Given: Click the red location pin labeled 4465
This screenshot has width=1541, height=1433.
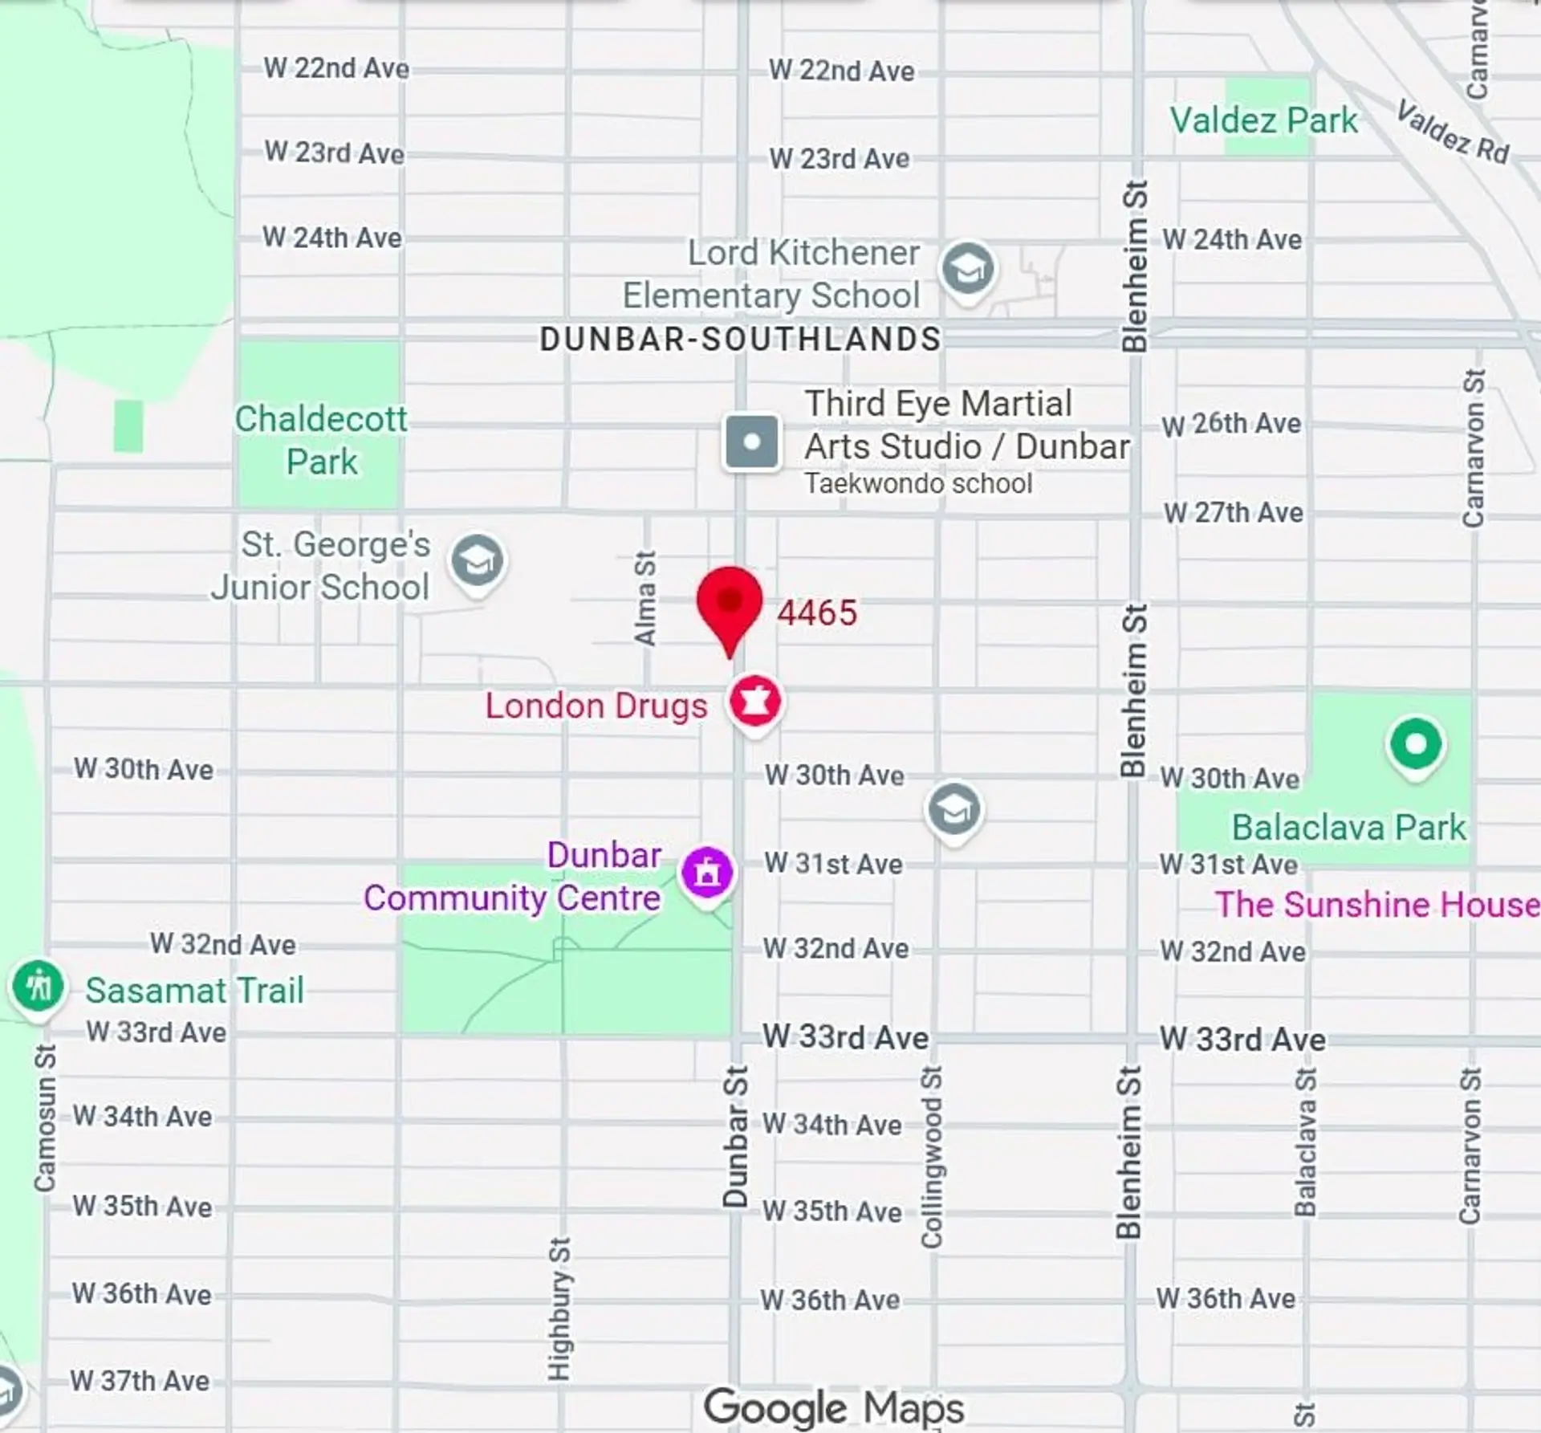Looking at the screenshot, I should pyautogui.click(x=729, y=603).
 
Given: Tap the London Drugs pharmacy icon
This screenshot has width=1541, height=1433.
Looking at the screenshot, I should pyautogui.click(x=754, y=701).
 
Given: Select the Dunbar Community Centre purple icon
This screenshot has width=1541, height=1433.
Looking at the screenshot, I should pyautogui.click(x=706, y=872).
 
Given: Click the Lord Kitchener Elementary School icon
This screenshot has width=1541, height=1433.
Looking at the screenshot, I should pyautogui.click(x=967, y=269).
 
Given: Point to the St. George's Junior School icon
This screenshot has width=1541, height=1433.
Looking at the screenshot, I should pyautogui.click(x=478, y=560).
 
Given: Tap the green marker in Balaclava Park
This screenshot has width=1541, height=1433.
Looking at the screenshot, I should pyautogui.click(x=1416, y=743).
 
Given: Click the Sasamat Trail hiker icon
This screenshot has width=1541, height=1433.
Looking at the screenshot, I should pyautogui.click(x=38, y=985).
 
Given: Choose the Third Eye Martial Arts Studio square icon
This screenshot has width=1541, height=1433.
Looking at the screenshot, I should pyautogui.click(x=751, y=442).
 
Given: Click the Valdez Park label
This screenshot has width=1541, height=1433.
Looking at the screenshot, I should pyautogui.click(x=1263, y=120).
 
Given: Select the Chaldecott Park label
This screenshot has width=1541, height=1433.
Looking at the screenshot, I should pyautogui.click(x=321, y=440).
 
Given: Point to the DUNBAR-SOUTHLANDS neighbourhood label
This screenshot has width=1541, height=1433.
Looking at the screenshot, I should pyautogui.click(x=740, y=339).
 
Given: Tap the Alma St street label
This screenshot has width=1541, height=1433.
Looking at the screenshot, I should pyautogui.click(x=645, y=598).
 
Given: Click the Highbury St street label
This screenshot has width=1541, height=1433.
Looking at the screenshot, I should pyautogui.click(x=559, y=1309).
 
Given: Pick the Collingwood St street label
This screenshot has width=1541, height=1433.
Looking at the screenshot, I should pyautogui.click(x=931, y=1157).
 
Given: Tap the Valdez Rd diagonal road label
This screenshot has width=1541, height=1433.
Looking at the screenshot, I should pyautogui.click(x=1453, y=132).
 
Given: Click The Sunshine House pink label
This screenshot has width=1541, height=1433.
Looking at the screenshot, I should pyautogui.click(x=1376, y=905).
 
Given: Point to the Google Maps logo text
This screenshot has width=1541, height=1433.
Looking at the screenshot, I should pyautogui.click(x=833, y=1407).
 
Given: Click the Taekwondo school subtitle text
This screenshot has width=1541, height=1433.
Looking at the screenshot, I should pyautogui.click(x=918, y=484).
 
